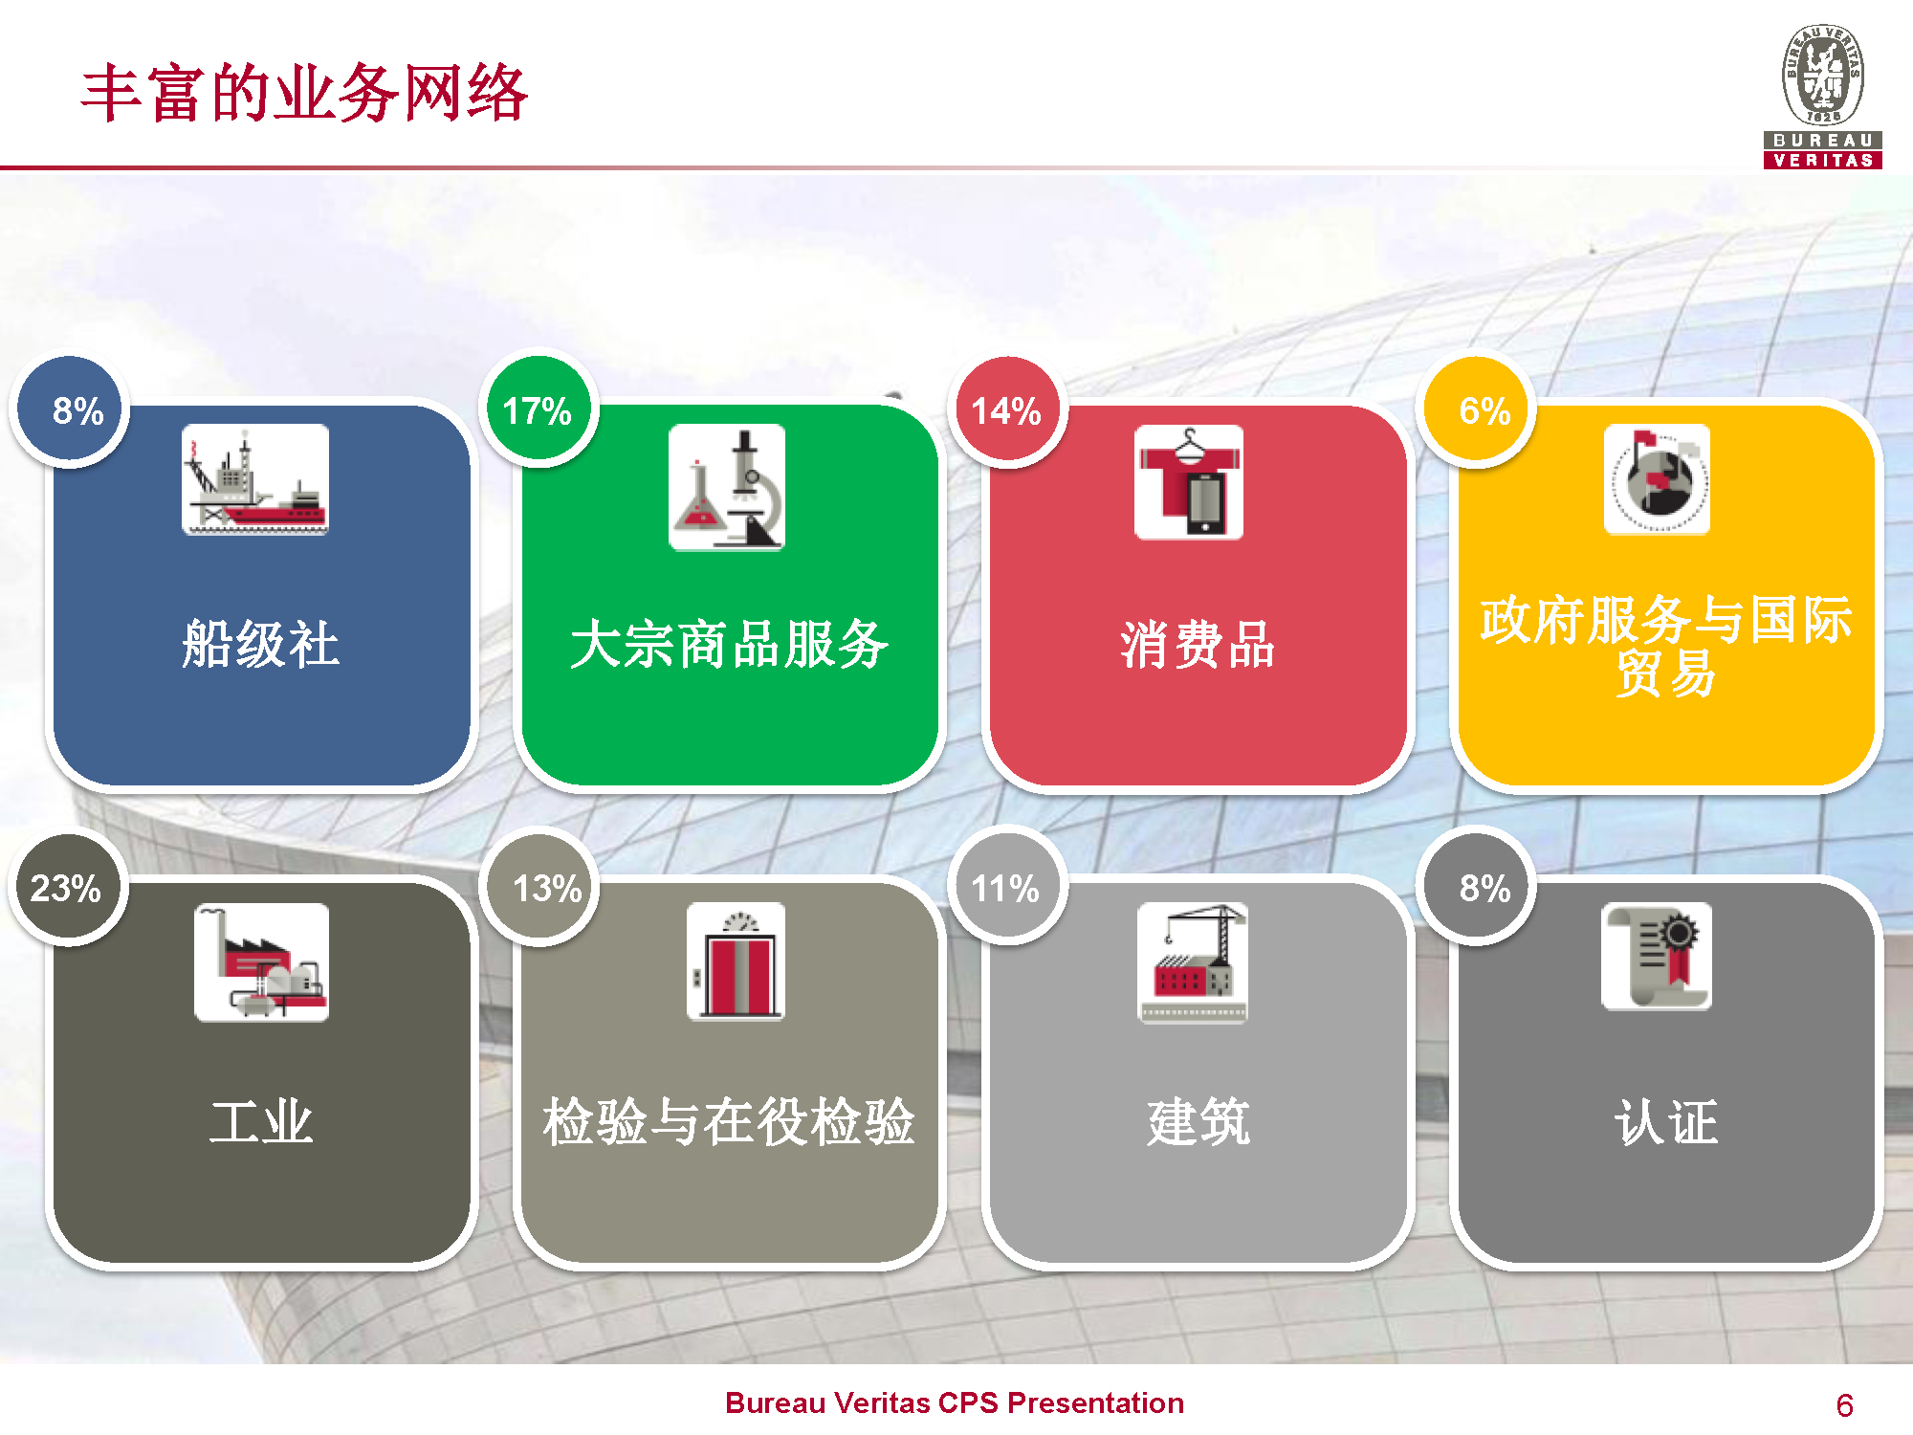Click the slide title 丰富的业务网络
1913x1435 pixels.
point(304,93)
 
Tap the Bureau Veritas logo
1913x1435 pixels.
point(1823,97)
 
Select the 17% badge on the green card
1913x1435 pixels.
point(538,409)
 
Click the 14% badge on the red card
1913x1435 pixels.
point(1006,410)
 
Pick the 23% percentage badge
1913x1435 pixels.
point(67,887)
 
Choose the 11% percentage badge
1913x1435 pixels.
point(1006,887)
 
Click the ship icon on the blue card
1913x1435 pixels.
point(255,479)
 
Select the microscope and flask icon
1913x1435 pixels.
point(727,487)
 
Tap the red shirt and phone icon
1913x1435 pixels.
point(1189,482)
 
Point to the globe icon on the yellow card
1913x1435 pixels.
point(1657,479)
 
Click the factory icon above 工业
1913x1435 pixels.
point(261,962)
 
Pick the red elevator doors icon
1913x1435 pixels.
point(736,961)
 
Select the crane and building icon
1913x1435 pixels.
point(1193,962)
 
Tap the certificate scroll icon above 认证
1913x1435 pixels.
point(1657,956)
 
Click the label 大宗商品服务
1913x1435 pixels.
point(729,644)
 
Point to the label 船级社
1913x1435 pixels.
point(260,644)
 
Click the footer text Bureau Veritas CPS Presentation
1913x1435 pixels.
point(955,1402)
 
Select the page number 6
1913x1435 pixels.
point(1844,1405)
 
